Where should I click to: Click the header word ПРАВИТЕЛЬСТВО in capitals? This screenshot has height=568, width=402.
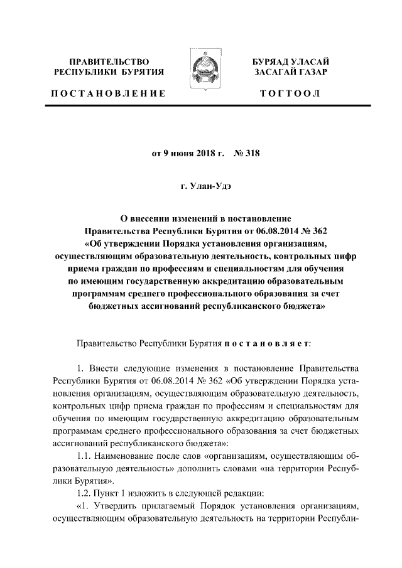(x=109, y=62)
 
